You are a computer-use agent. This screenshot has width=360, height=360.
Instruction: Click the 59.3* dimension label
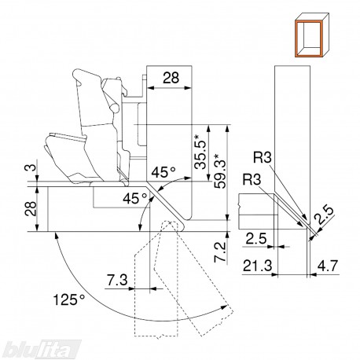(219, 171)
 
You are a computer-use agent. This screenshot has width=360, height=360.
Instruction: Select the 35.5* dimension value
(200, 152)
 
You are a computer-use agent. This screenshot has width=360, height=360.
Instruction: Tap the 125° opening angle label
(69, 299)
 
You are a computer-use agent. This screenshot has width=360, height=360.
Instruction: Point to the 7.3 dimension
(117, 280)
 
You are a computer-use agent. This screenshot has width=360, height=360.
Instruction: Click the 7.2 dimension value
(219, 252)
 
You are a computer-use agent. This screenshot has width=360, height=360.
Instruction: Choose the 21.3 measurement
(258, 266)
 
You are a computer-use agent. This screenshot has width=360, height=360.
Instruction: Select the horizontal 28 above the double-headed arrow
(171, 78)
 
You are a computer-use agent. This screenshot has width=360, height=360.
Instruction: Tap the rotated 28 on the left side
(31, 208)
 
